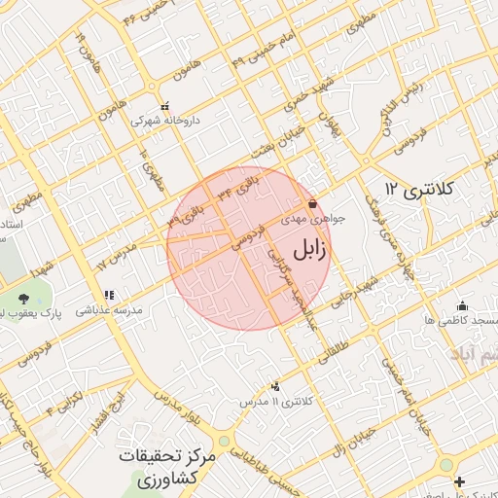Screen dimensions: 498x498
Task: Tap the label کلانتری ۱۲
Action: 419,188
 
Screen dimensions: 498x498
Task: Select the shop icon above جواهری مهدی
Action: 311,204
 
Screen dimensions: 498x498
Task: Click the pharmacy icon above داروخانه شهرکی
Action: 163,106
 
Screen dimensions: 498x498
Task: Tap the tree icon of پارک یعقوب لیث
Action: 22,298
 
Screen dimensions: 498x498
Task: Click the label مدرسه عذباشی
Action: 110,310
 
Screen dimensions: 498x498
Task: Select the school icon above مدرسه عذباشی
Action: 109,295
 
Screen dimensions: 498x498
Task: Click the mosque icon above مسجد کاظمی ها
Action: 461,304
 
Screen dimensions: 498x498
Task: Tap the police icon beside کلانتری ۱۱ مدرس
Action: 275,386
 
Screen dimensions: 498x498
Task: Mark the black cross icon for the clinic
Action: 460,481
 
